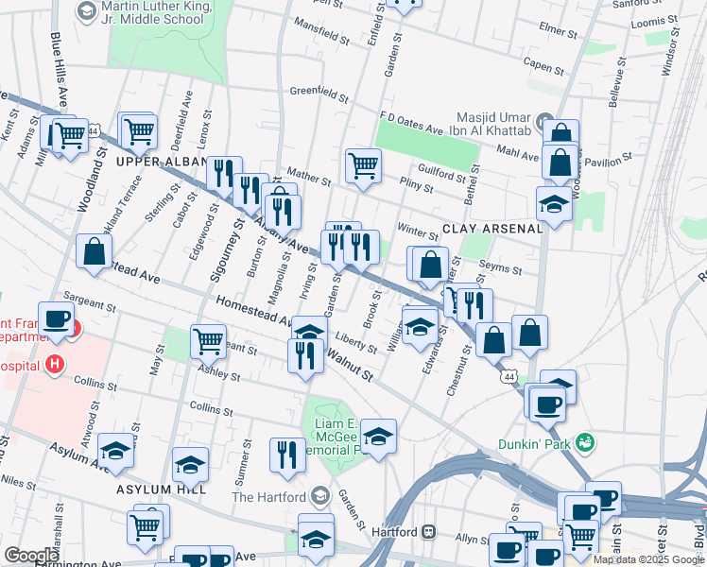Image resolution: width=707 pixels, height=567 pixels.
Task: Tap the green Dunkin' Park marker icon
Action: click(587, 441)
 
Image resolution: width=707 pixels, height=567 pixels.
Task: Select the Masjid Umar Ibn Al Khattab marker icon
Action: click(546, 122)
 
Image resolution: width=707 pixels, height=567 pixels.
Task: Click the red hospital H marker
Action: click(56, 364)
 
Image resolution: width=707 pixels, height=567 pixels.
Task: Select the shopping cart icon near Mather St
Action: click(363, 165)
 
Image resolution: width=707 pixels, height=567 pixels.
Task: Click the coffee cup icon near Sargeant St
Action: click(56, 318)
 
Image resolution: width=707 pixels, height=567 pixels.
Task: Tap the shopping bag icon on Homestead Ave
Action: click(94, 252)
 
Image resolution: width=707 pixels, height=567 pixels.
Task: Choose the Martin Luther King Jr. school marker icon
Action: click(85, 10)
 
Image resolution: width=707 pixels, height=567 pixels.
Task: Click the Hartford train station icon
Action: click(428, 532)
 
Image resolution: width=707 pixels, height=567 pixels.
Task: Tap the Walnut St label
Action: click(349, 367)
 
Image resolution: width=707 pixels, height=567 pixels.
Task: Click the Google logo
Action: click(31, 556)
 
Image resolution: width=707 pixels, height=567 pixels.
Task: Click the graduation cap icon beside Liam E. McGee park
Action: click(378, 436)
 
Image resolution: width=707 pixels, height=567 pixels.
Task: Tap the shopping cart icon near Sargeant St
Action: click(208, 340)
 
